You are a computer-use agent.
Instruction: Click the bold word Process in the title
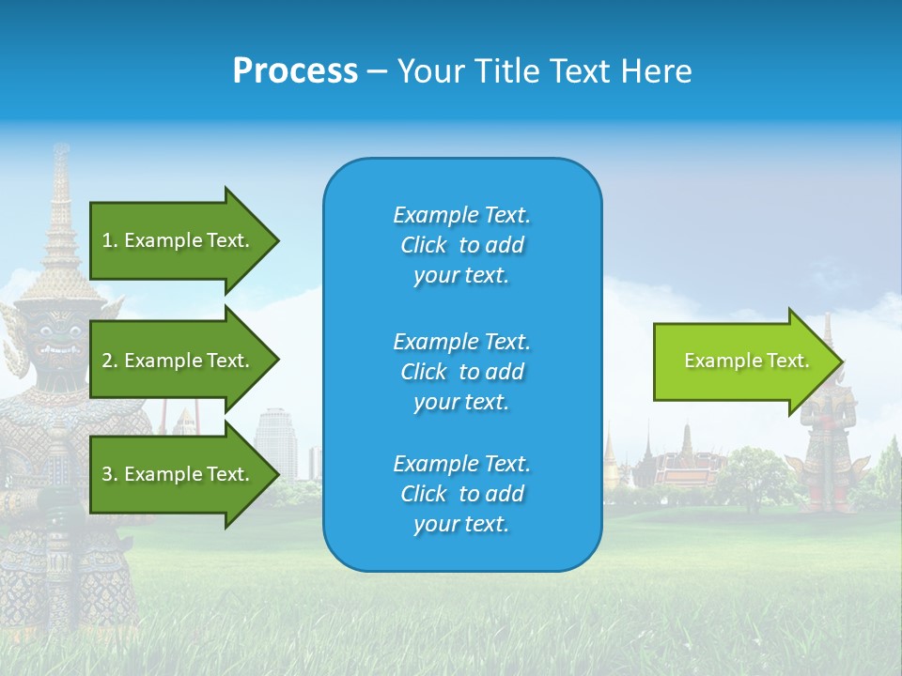click(295, 70)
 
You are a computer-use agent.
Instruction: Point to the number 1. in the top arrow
click(110, 240)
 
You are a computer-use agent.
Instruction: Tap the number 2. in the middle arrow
click(110, 361)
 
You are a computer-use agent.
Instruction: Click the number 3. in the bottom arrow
click(110, 474)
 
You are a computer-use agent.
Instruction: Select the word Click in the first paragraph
click(424, 245)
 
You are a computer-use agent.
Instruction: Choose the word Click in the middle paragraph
click(424, 372)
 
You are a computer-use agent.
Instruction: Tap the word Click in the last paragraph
click(424, 494)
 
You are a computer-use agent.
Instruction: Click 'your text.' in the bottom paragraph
click(461, 524)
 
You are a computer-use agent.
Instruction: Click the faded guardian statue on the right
click(827, 441)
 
